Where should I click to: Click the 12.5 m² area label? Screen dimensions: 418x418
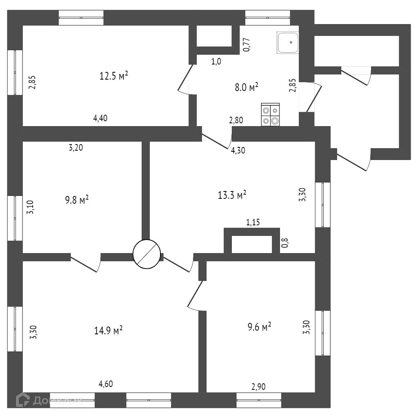114,76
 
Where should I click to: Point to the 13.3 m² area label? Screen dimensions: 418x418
232,195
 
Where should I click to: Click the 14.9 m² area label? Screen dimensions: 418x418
108,330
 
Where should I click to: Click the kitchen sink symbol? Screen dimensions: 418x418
288,42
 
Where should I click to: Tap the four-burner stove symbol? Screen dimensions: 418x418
270,115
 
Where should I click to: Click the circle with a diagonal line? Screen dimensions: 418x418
147,254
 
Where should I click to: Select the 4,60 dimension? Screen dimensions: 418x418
106,384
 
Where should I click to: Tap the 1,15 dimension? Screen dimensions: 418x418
253,222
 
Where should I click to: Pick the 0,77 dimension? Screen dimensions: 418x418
247,44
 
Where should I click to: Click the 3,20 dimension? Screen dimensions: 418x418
76,148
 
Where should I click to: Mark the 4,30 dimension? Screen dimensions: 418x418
238,150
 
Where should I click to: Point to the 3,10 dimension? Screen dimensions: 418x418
30,207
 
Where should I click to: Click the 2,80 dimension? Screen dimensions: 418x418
236,120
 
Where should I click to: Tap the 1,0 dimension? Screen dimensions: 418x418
216,62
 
